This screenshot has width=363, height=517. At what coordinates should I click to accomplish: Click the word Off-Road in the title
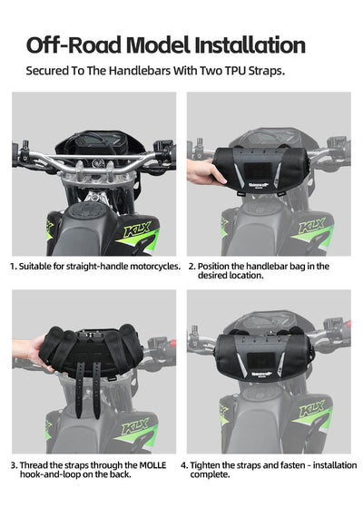pos(76,44)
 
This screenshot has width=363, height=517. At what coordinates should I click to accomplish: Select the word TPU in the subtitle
pos(230,70)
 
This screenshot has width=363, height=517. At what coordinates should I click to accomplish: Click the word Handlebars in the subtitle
pos(148,70)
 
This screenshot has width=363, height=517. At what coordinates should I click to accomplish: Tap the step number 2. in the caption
pos(191,267)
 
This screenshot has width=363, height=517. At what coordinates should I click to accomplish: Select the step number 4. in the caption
pos(184,464)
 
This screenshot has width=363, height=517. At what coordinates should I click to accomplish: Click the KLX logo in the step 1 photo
pos(137,230)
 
